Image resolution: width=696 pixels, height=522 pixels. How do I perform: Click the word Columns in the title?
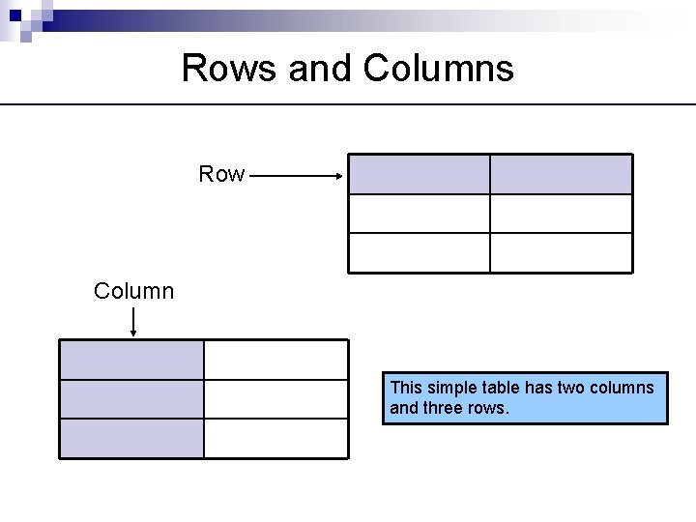tap(439, 69)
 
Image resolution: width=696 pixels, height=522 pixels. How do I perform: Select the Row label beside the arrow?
tap(221, 174)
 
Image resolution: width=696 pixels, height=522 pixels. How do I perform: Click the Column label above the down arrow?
tap(134, 291)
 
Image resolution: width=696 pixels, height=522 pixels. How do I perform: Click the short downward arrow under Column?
tap(132, 321)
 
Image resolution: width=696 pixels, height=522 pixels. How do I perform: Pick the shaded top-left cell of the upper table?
tap(419, 175)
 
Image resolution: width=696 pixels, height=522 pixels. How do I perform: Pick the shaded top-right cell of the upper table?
tap(561, 175)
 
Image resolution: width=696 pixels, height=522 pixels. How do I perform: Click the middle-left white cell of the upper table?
tap(419, 214)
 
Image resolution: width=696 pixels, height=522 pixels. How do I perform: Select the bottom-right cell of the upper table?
tap(561, 252)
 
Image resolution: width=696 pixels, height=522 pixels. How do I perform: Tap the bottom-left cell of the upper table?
tap(419, 252)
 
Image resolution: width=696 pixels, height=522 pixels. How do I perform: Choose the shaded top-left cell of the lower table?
tap(131, 360)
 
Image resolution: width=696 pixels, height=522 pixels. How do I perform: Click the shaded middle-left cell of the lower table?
tap(131, 399)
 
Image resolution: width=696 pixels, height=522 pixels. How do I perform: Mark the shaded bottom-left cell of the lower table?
tap(131, 438)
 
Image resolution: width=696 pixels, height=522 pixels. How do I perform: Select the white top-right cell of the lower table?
tap(275, 360)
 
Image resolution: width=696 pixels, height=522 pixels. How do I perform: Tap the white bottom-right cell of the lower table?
tap(275, 438)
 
